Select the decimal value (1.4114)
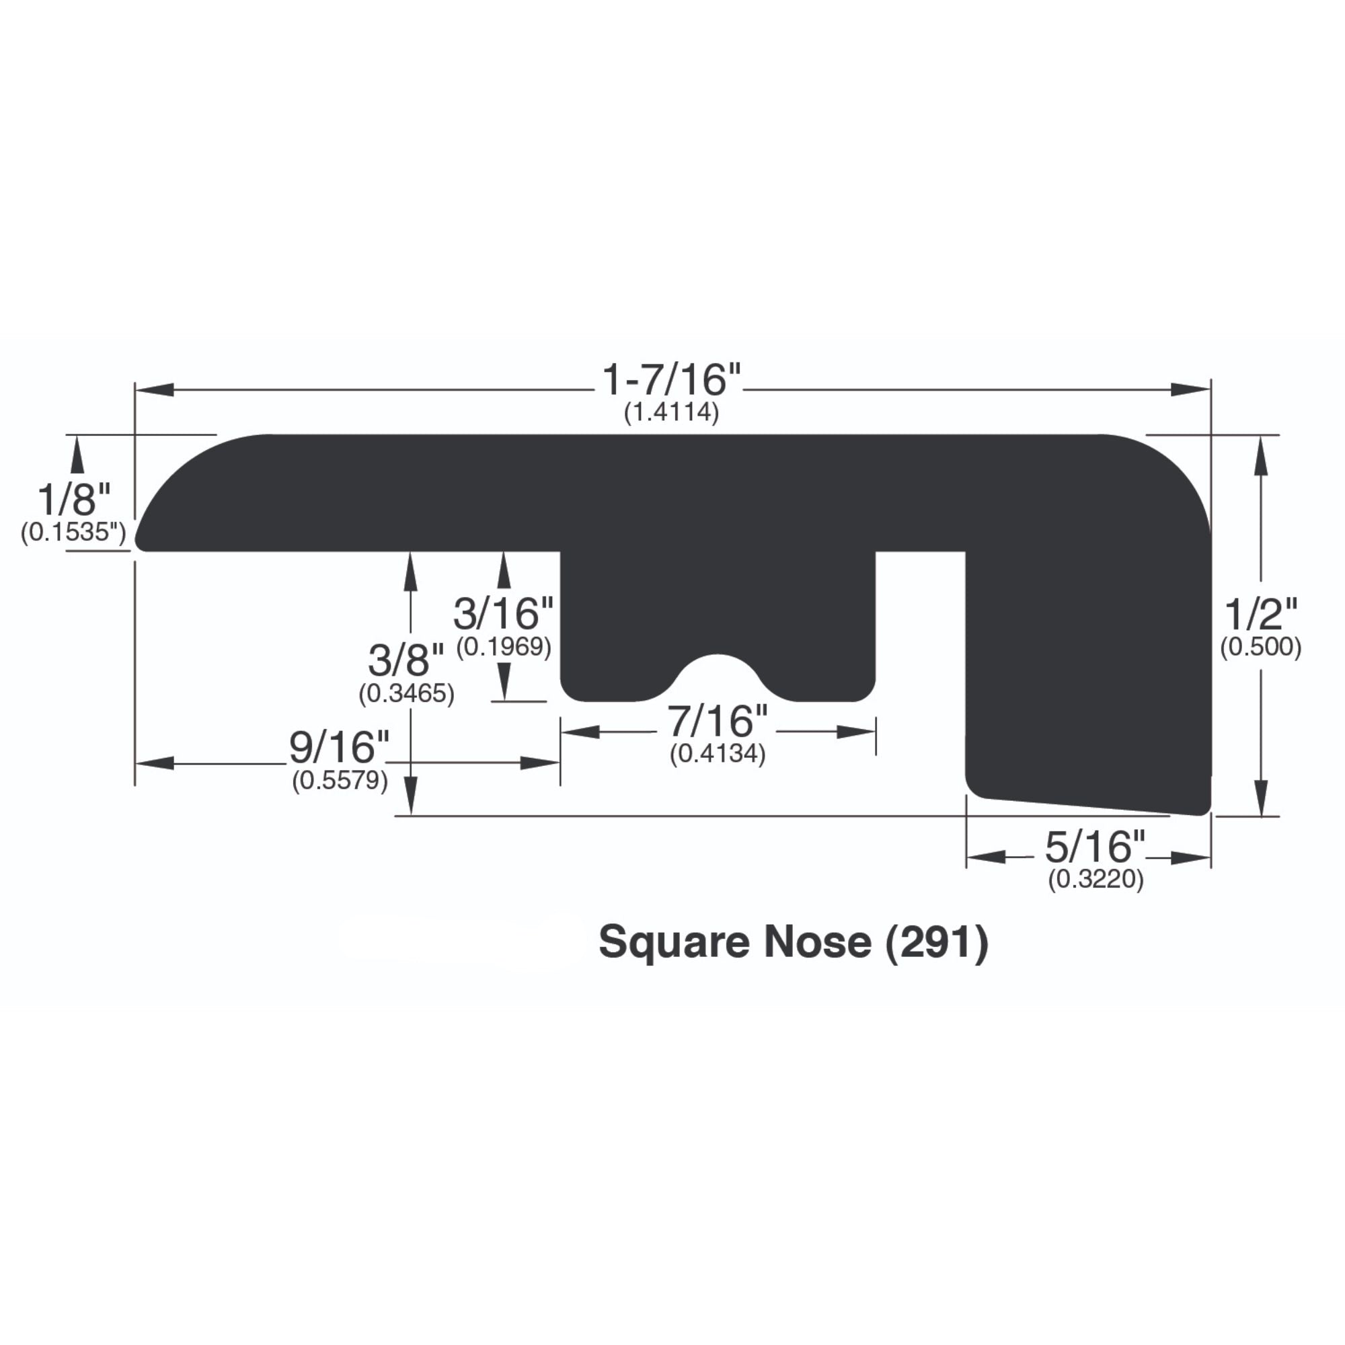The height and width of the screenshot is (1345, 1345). click(x=671, y=413)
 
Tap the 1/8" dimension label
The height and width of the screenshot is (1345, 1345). click(x=74, y=500)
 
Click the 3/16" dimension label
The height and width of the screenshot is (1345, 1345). click(x=503, y=613)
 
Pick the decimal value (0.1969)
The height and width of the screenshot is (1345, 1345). click(x=504, y=647)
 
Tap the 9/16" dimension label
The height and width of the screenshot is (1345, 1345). click(x=339, y=748)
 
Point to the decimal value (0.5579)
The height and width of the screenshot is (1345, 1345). click(x=340, y=781)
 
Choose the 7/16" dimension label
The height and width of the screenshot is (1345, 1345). click(x=718, y=720)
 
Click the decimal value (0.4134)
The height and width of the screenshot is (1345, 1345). click(x=718, y=754)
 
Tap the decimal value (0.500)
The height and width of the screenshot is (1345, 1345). click(x=1261, y=647)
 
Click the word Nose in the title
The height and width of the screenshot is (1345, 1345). click(x=817, y=942)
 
